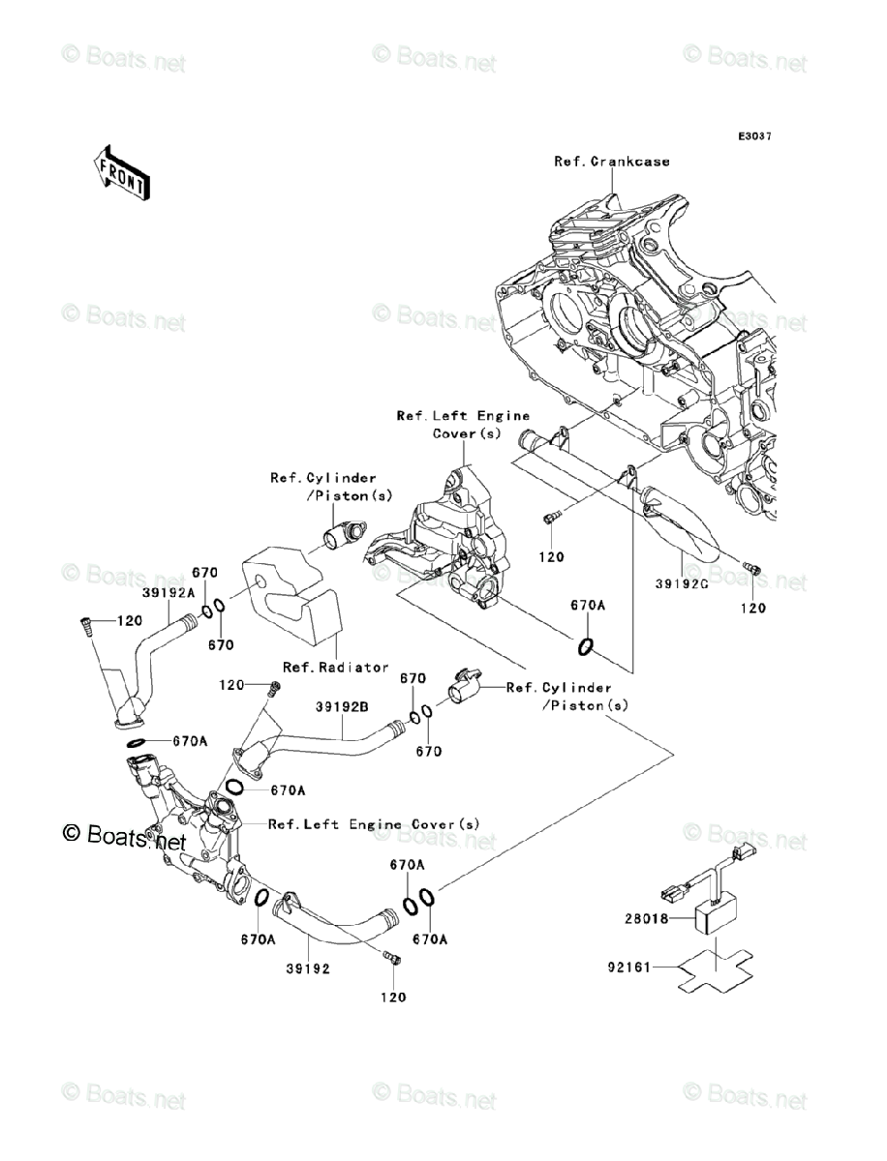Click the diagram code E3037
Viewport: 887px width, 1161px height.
753,137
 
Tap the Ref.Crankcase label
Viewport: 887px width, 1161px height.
611,162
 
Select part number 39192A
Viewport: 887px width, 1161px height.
169,592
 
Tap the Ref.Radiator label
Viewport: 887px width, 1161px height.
336,667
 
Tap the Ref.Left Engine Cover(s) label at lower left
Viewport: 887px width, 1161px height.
374,824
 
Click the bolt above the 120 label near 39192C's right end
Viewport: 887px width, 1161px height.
751,569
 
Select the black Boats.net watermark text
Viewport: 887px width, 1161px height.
123,838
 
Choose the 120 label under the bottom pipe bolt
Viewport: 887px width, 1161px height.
393,997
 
